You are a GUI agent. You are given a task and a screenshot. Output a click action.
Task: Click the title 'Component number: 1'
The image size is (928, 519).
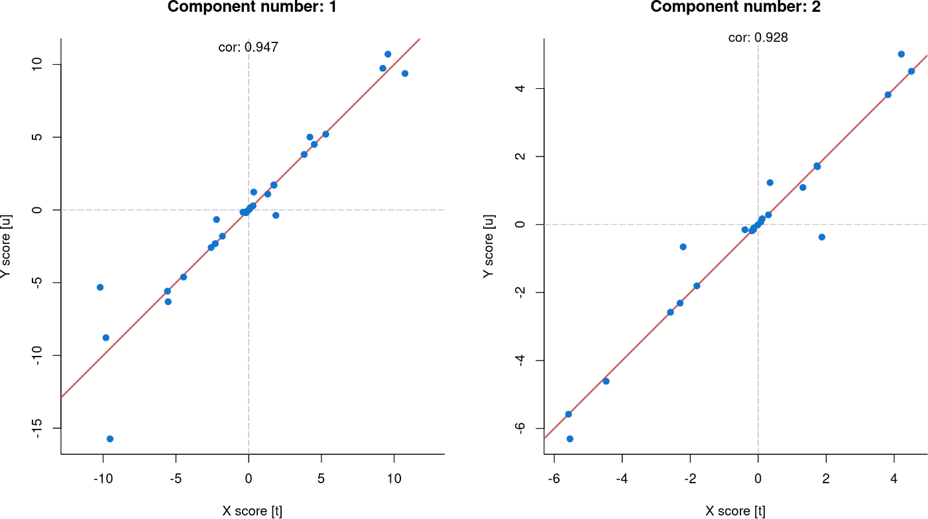click(247, 7)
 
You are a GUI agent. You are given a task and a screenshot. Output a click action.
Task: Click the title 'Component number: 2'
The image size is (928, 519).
click(735, 7)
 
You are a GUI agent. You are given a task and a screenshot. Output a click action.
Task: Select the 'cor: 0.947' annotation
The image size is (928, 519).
click(248, 47)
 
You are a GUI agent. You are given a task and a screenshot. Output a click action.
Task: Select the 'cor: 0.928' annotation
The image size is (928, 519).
click(758, 38)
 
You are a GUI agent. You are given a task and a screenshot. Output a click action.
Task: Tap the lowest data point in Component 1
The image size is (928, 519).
click(110, 439)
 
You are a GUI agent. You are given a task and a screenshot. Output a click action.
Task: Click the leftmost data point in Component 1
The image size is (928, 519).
click(100, 287)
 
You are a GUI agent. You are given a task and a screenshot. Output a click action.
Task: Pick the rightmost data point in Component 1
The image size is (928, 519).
click(405, 74)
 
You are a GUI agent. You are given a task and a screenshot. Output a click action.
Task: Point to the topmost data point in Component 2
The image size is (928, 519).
click(901, 54)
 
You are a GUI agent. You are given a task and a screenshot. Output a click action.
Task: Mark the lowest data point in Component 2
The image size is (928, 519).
click(570, 439)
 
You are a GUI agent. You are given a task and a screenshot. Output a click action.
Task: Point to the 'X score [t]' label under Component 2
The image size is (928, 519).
click(735, 511)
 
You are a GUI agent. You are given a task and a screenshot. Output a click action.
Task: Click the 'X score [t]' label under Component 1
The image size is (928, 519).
click(252, 511)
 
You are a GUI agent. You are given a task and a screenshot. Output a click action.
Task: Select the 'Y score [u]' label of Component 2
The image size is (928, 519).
click(489, 246)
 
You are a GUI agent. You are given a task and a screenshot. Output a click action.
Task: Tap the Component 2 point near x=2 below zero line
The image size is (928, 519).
click(822, 237)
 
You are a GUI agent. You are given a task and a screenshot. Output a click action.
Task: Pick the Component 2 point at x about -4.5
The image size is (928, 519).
click(606, 381)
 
